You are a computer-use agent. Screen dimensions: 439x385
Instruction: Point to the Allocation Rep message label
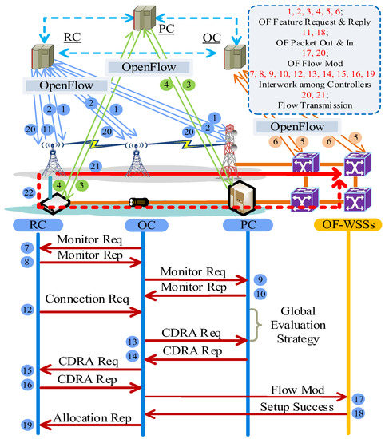91,418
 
